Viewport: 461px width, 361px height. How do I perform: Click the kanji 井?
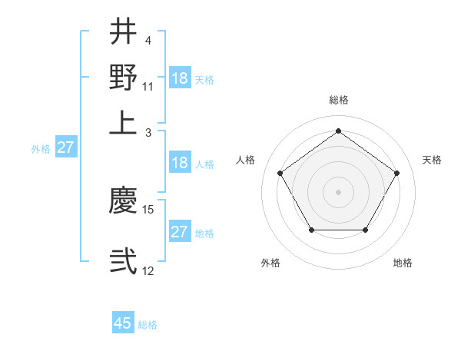pos(124,31)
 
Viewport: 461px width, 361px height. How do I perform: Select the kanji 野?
pos(124,77)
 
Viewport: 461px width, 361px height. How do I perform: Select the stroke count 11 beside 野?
pos(148,85)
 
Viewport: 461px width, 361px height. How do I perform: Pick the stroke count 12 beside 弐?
pos(148,270)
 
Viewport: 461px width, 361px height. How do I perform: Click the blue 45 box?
pos(123,323)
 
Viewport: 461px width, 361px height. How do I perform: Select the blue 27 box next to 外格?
pos(65,147)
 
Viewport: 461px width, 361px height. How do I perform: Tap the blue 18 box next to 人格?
pos(179,163)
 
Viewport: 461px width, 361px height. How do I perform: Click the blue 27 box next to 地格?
pos(179,232)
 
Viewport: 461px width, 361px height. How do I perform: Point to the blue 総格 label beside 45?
pos(148,325)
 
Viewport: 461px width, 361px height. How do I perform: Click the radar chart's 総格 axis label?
pos(338,100)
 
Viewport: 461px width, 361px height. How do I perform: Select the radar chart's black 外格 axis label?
pos(270,263)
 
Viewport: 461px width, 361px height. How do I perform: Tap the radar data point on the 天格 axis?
pos(396,173)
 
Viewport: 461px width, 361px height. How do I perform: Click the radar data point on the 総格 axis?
pos(338,131)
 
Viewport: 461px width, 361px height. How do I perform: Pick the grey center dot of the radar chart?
pos(338,191)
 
